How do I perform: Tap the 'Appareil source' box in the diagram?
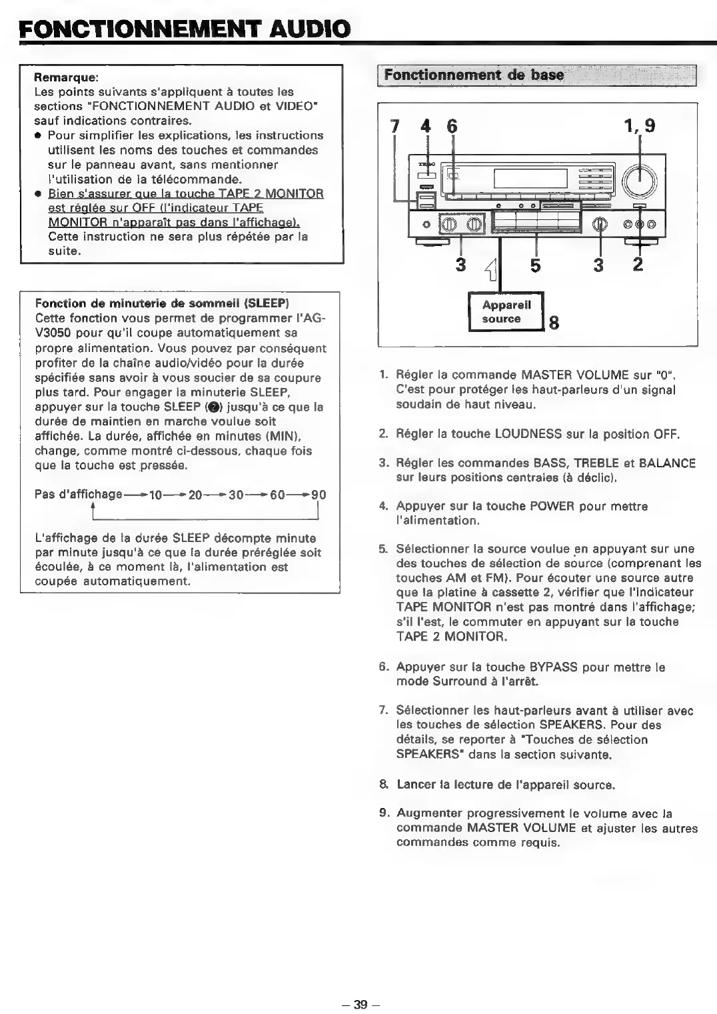(506, 312)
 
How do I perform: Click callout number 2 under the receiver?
(638, 265)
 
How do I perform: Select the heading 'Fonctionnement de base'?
(474, 75)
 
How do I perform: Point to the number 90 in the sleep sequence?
(319, 495)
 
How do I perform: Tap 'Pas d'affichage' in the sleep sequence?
(79, 495)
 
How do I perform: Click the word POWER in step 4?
(552, 506)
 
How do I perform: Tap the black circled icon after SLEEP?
(211, 407)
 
